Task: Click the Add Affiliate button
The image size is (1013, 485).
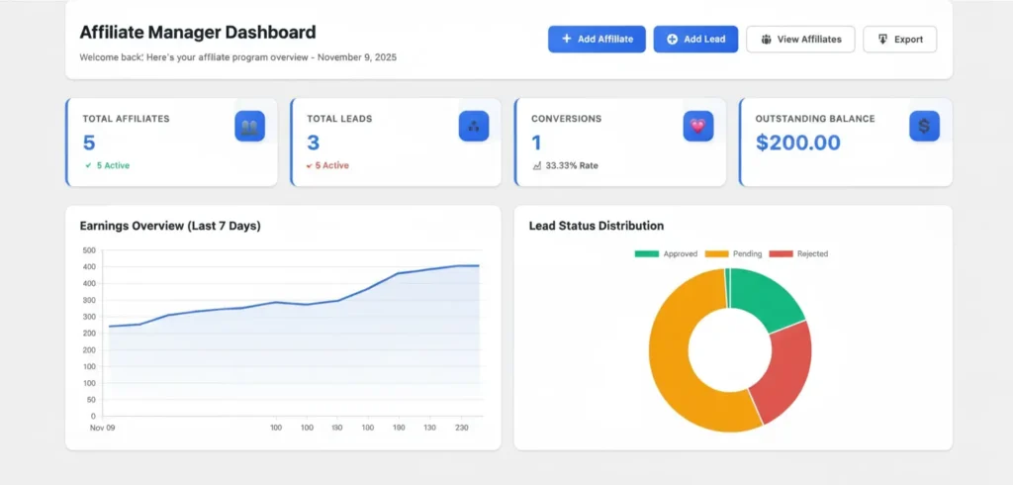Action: (x=597, y=40)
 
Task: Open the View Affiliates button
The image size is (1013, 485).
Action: (x=800, y=40)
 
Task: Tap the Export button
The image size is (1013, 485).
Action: (x=899, y=40)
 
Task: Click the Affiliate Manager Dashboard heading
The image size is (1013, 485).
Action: (x=197, y=33)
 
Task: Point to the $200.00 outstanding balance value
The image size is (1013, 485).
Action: (x=797, y=143)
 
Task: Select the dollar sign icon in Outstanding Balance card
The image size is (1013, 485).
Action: (x=924, y=126)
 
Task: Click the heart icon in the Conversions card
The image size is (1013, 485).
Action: (x=697, y=126)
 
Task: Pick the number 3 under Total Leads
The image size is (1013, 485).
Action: (x=313, y=143)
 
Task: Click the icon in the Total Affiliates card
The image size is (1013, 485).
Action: (x=249, y=126)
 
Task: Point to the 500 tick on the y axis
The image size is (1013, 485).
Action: (x=89, y=250)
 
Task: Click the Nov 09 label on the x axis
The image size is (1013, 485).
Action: (x=102, y=429)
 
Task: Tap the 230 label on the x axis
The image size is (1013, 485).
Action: (x=462, y=429)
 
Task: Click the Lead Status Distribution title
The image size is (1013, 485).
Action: (x=596, y=226)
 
